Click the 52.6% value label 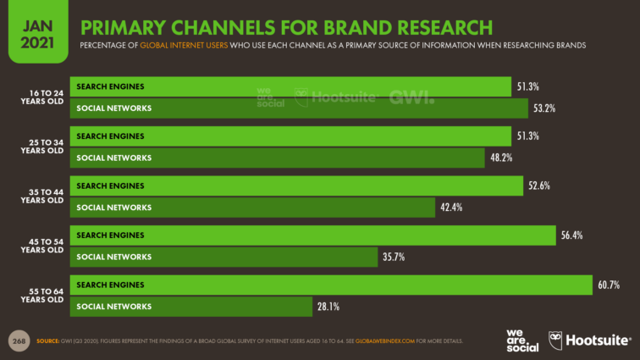pyautogui.click(x=538, y=186)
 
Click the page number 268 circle pyautogui.click(x=19, y=341)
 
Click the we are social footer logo pyautogui.click(x=521, y=340)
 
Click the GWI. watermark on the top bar pyautogui.click(x=411, y=96)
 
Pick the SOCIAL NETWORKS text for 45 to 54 pyautogui.click(x=113, y=258)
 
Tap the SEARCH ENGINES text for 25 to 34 pyautogui.click(x=110, y=136)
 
